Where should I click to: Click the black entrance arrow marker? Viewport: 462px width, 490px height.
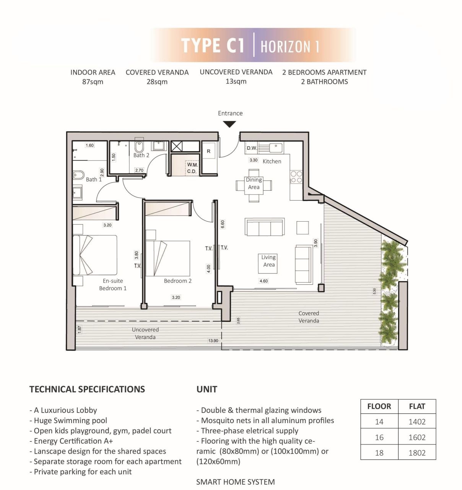(x=229, y=124)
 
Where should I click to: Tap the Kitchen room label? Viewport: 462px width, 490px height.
(x=272, y=162)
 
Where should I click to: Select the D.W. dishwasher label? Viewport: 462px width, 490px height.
(x=252, y=148)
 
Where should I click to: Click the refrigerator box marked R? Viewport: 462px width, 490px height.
(x=208, y=151)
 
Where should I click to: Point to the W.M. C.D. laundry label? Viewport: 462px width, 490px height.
(x=192, y=168)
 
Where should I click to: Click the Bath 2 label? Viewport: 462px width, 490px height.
(x=141, y=155)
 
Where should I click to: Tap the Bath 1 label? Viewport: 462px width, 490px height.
(x=94, y=179)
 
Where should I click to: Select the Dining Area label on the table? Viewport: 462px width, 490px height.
(x=254, y=183)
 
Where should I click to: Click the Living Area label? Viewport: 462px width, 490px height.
(x=268, y=261)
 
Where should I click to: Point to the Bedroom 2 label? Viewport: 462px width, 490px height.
(x=177, y=281)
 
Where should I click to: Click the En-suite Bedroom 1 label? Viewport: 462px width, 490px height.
(x=112, y=284)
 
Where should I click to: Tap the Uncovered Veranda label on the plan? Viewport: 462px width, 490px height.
(x=145, y=333)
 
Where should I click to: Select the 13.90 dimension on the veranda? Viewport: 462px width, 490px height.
(x=213, y=341)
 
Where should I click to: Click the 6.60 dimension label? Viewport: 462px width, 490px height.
(x=223, y=224)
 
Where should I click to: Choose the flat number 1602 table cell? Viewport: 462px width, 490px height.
(x=417, y=437)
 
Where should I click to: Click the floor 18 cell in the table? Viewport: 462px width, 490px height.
(x=379, y=453)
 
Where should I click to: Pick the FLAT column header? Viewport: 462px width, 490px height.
(x=417, y=407)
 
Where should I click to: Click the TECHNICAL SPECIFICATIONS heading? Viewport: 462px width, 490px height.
(x=87, y=389)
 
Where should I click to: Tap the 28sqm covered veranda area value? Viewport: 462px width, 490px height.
(x=157, y=82)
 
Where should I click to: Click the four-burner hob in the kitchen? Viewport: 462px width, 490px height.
(x=296, y=177)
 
